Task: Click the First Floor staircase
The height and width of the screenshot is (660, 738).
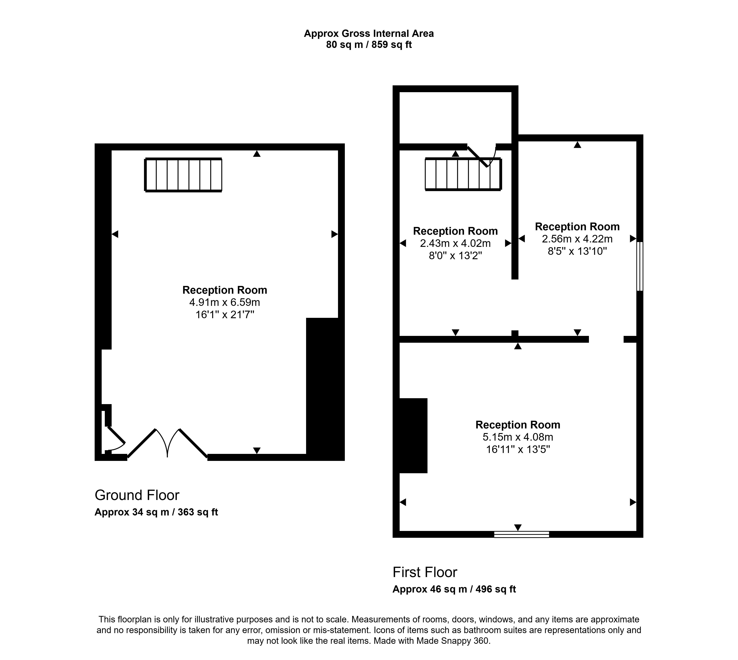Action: (463, 174)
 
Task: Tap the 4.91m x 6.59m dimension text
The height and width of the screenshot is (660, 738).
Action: (225, 302)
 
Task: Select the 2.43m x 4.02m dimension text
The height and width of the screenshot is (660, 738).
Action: (455, 243)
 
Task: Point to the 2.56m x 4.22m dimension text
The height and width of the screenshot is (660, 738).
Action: (577, 239)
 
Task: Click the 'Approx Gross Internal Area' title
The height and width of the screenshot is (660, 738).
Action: (369, 34)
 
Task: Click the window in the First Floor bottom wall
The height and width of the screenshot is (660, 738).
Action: (521, 534)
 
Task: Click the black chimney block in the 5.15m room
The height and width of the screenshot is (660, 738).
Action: (413, 435)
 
